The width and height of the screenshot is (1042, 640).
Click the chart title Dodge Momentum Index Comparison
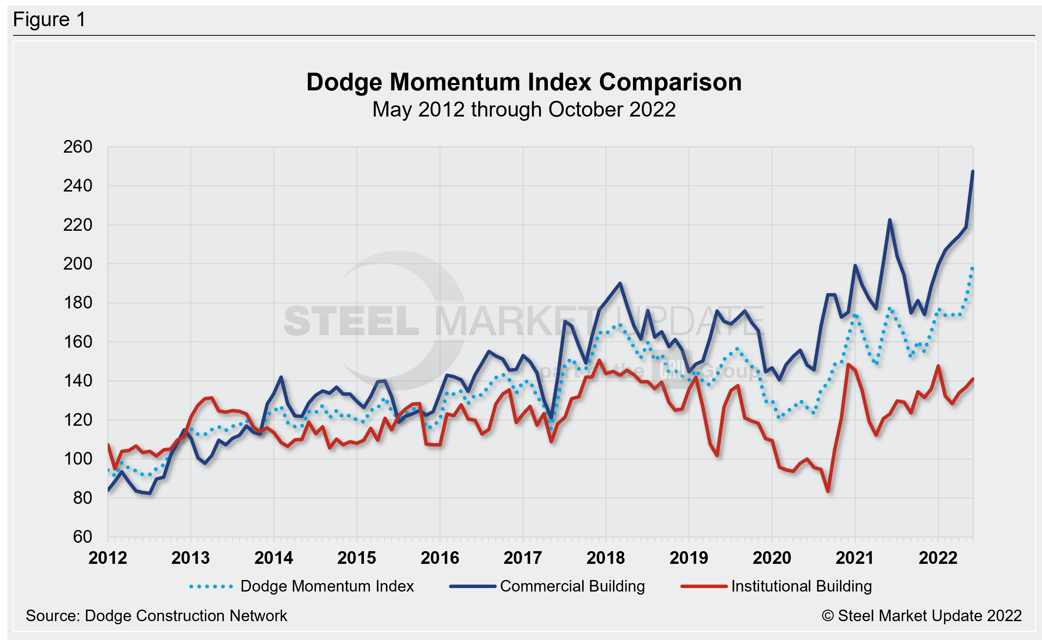point(524,82)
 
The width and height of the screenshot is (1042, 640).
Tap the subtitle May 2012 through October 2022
point(524,110)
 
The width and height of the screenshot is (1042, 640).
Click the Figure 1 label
point(49,20)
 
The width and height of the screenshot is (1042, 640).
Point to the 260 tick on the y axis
point(78,147)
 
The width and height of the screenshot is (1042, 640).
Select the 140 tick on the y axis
point(78,381)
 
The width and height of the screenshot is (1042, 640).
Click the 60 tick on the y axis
point(83,537)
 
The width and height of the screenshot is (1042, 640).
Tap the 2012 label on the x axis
point(107,558)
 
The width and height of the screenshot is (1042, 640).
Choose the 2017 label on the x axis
point(523,558)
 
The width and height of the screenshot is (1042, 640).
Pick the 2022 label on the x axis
point(938,558)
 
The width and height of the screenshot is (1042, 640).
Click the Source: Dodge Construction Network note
point(156,616)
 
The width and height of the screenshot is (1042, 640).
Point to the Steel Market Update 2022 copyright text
point(921,616)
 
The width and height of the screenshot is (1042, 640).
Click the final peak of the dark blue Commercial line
point(973,172)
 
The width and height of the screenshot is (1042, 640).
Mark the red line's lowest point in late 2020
point(828,492)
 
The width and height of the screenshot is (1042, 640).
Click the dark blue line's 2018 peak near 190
point(620,283)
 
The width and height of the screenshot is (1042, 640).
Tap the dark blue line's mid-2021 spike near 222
point(890,220)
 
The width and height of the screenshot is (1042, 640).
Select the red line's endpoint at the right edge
point(973,379)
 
